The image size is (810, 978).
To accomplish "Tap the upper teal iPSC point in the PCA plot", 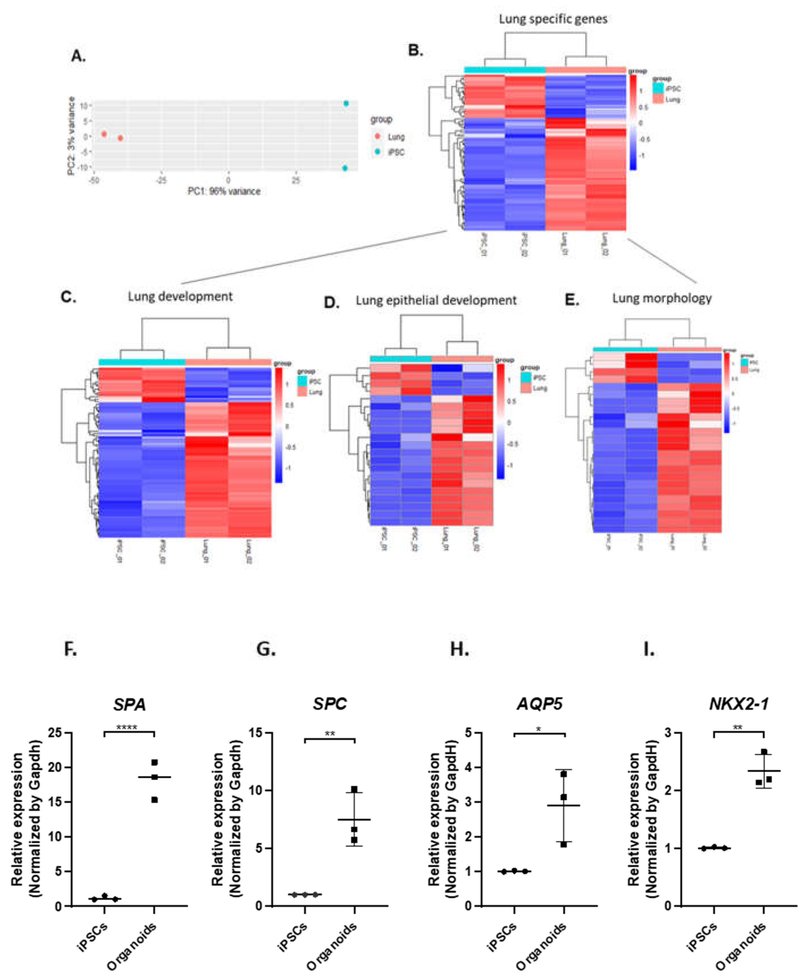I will tap(346, 104).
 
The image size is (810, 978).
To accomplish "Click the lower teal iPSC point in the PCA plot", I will tap(345, 168).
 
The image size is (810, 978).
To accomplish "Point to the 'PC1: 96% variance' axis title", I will tap(224, 191).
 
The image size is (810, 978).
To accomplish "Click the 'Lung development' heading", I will tap(180, 296).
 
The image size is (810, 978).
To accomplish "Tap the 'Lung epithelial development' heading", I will tap(436, 300).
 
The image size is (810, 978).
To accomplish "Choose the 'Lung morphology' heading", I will tap(662, 298).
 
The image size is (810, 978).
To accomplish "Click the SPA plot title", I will tap(129, 704).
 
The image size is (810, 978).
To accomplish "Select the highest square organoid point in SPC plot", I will tap(354, 789).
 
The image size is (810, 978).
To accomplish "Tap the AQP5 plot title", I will tap(540, 703).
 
